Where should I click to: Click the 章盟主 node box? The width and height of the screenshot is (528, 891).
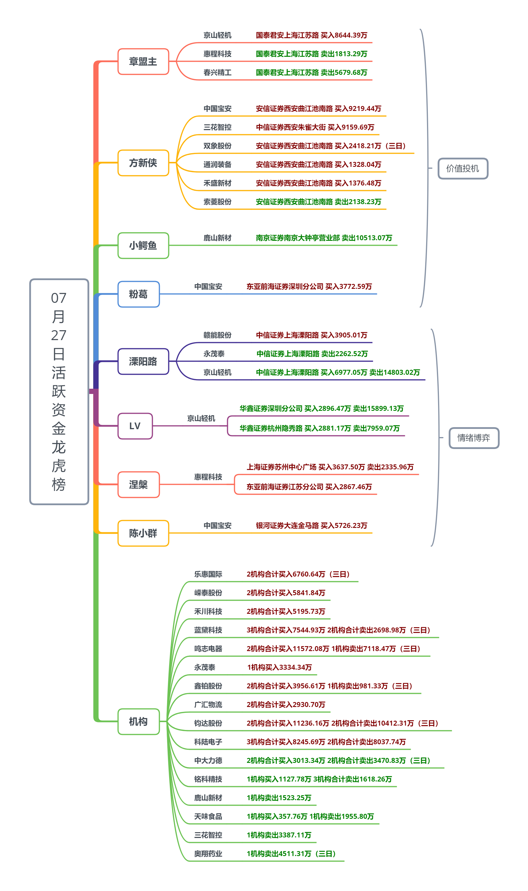tap(143, 61)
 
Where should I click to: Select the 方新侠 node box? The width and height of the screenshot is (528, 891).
tap(143, 163)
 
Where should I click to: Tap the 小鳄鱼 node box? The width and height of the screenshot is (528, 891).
tap(143, 245)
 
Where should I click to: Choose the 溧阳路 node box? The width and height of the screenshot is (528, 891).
tap(143, 362)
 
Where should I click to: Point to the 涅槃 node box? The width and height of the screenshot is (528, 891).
tap(139, 485)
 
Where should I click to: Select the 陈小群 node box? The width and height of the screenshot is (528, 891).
tap(143, 533)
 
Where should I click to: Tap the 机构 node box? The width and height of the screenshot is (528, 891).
tap(139, 722)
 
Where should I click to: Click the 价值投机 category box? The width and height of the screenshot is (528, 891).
tap(463, 169)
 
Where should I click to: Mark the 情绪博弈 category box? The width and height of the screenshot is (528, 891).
tap(474, 438)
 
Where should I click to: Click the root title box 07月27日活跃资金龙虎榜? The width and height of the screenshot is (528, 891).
tap(59, 391)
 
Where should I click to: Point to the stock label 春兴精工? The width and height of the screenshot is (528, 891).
tap(217, 73)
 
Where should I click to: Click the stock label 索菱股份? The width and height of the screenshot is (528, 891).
tap(217, 202)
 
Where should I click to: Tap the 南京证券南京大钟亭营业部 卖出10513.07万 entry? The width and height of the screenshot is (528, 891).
tap(324, 238)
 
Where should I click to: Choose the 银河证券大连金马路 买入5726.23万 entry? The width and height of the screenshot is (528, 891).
tap(311, 526)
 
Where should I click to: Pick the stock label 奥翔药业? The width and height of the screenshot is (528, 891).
tap(208, 854)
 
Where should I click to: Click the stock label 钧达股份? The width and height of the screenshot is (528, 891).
tap(208, 723)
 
